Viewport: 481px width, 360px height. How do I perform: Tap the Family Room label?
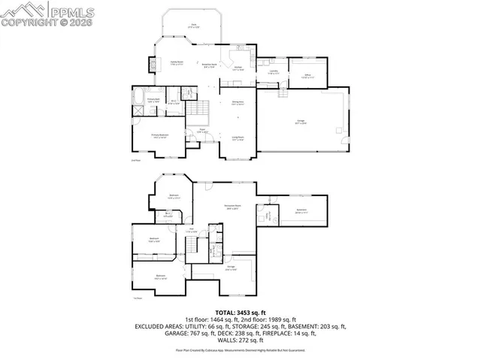[x=177, y=63]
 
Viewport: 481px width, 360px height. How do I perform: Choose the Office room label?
[x=307, y=75]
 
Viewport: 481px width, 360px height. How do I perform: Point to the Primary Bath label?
[x=153, y=99]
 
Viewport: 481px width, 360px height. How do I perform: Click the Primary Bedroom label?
[x=159, y=135]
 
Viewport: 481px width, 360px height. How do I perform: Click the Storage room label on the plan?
[x=232, y=267]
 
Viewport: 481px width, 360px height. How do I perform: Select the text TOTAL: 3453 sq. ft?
[x=240, y=312]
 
